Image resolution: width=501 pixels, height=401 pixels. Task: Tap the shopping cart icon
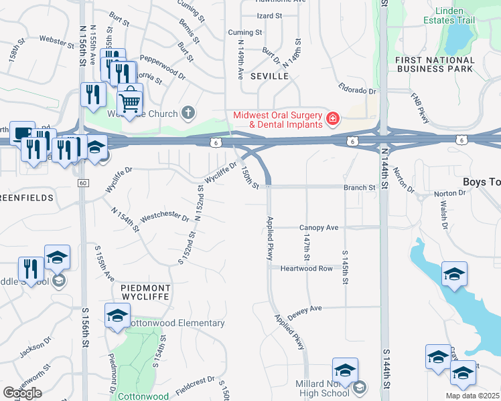130,102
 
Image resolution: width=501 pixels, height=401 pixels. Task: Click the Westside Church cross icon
189,112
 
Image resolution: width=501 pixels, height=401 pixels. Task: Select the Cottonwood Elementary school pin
117,316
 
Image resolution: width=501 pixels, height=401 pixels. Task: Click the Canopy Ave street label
319,227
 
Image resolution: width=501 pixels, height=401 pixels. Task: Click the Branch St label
359,188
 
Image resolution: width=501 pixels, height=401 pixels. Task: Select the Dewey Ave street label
305,311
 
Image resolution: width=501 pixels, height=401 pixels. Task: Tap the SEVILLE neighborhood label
269,76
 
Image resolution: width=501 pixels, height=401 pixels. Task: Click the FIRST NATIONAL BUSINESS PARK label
435,64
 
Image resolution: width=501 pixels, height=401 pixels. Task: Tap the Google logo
22,392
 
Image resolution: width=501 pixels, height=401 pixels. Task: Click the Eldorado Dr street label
358,90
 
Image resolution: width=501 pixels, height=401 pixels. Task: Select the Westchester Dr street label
164,216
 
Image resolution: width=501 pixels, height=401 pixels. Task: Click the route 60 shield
82,183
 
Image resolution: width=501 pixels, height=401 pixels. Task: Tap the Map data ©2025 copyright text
472,396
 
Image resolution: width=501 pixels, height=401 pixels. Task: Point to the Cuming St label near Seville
244,32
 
